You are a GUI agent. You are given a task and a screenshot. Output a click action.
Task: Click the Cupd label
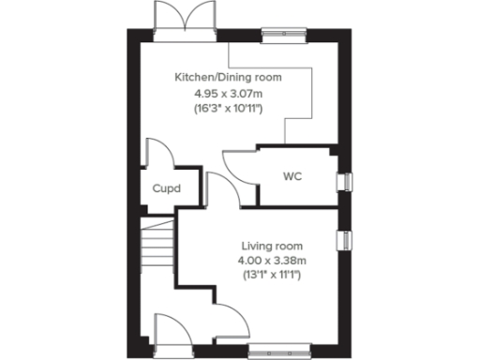tap(167, 187)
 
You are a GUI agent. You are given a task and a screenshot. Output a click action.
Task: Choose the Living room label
tap(270, 246)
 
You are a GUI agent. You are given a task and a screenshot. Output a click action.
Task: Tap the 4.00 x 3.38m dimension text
tap(270, 261)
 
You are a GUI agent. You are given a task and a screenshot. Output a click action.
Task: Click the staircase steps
tap(157, 247)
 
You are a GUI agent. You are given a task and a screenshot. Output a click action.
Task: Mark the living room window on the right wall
tap(346, 240)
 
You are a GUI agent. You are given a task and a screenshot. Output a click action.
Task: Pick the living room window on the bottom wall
tap(278, 352)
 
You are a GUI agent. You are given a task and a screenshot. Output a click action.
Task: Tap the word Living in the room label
tap(256, 246)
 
